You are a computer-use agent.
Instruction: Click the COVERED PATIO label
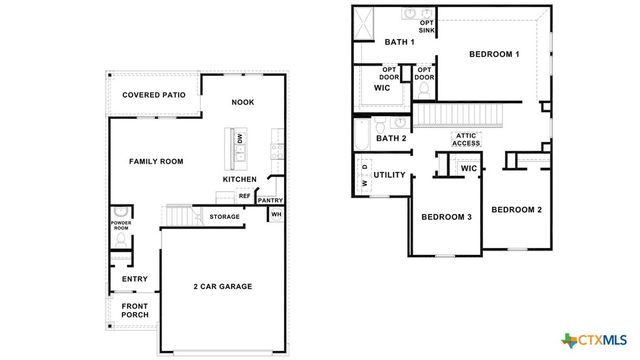tap(154, 95)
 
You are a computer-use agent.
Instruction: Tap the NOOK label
tap(242, 102)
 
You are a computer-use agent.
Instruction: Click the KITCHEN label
tap(239, 179)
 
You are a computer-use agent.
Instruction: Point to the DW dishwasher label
tap(239, 141)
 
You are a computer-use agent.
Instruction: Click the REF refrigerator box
tap(244, 196)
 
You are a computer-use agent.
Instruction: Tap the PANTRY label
tap(271, 200)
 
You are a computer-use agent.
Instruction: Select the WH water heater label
tap(277, 215)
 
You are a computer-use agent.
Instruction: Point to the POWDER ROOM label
tap(121, 226)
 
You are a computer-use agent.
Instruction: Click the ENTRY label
tap(135, 279)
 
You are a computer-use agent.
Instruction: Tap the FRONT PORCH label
tap(135, 311)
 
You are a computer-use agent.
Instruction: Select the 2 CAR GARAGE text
tap(222, 287)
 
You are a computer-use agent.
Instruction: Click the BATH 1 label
tap(400, 42)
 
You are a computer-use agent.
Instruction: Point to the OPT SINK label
tap(427, 26)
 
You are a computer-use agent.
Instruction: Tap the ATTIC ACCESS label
tap(466, 139)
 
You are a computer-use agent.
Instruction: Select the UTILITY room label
tap(390, 175)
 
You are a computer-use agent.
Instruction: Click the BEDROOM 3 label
tap(446, 217)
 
